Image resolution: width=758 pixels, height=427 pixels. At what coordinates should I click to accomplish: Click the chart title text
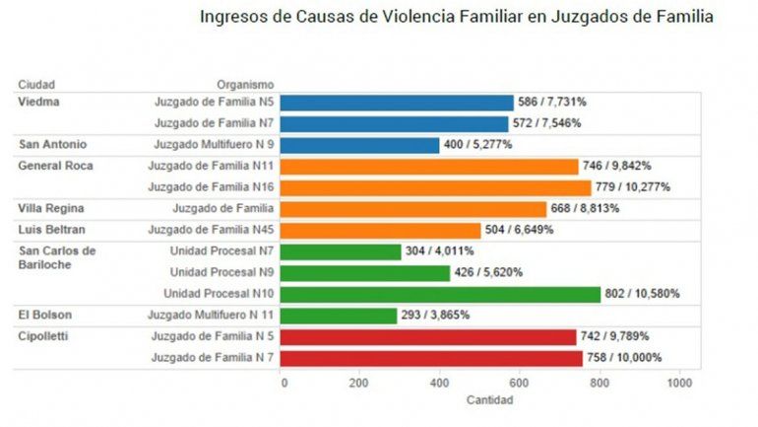coord(457,17)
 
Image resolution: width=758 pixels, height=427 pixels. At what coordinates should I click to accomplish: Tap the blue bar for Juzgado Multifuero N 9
coord(360,145)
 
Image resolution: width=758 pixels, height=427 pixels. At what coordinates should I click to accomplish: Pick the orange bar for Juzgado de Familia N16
coord(436,187)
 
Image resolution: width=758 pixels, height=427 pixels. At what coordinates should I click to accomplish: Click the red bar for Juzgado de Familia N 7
coord(431,357)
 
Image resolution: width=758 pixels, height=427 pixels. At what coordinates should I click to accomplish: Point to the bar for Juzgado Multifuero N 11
coord(340,316)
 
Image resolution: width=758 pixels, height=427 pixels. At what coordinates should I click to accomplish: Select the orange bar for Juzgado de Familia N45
coord(382,230)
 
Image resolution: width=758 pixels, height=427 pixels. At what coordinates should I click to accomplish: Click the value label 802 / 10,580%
coord(642,294)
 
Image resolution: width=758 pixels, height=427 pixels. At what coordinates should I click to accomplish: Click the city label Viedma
coord(38,102)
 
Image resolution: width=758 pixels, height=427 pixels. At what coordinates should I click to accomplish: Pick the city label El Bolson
coord(44,316)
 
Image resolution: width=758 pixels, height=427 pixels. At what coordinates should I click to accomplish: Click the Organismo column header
coord(246,85)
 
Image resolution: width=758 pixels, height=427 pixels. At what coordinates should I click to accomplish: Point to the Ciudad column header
coord(36,85)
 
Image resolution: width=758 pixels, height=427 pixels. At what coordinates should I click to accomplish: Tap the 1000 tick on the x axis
coord(677,382)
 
